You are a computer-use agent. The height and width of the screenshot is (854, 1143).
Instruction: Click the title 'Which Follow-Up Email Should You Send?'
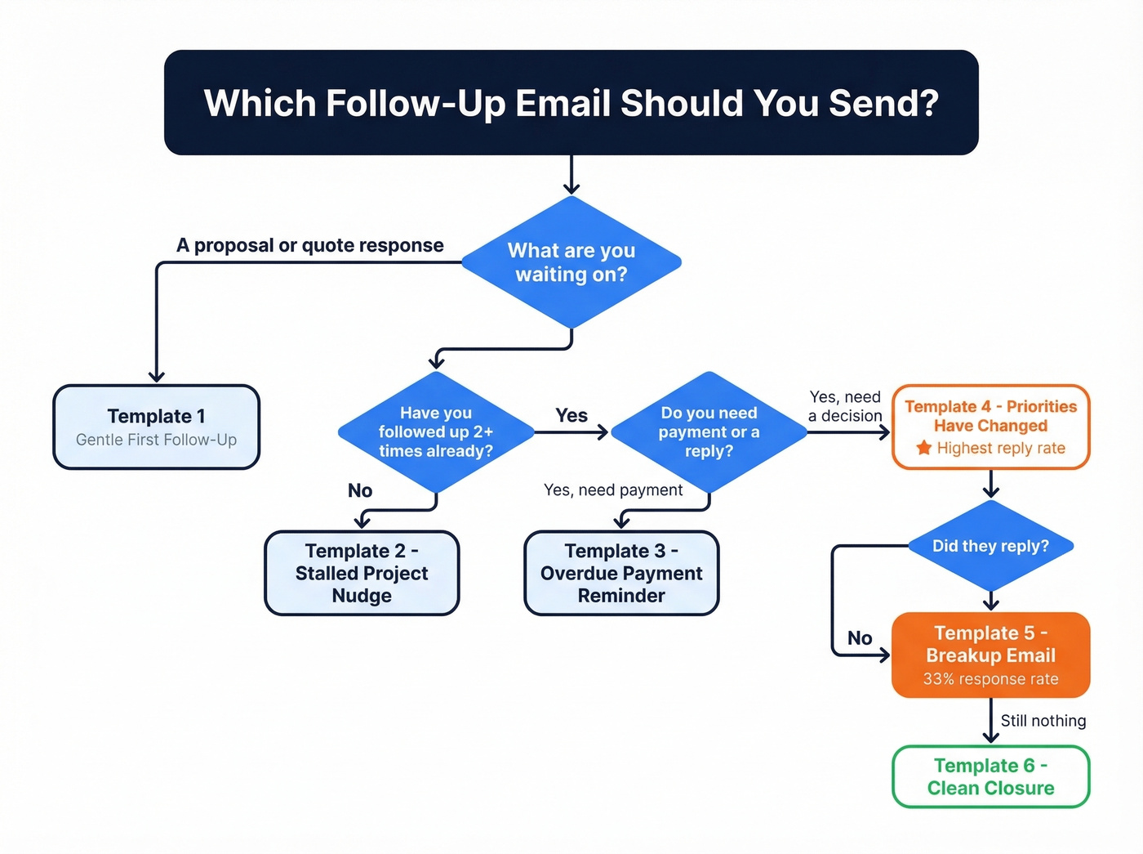click(571, 103)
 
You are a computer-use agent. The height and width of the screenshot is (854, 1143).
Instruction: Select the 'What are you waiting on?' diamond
click(571, 262)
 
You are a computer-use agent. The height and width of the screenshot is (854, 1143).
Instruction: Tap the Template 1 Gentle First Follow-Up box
click(156, 427)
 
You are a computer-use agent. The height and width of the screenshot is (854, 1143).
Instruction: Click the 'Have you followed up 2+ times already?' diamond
click(436, 432)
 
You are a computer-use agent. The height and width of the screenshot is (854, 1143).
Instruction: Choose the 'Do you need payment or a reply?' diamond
click(709, 432)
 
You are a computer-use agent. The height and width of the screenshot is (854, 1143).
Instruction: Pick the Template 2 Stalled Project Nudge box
click(362, 573)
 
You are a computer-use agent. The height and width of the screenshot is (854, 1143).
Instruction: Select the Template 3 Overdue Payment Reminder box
click(620, 573)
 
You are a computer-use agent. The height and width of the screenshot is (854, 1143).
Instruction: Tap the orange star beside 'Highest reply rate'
click(923, 448)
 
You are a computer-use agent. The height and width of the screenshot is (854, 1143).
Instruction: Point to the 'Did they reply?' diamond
click(990, 546)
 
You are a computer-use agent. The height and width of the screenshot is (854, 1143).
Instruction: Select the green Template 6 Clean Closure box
click(990, 776)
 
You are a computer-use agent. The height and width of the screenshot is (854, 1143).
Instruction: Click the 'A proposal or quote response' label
click(310, 245)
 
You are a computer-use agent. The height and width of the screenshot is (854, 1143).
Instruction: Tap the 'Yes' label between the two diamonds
click(571, 415)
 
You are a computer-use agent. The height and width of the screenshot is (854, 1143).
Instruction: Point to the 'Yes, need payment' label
click(613, 490)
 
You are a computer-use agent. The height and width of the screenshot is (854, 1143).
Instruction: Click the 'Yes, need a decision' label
click(845, 406)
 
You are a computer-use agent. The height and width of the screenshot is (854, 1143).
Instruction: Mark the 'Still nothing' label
click(1043, 721)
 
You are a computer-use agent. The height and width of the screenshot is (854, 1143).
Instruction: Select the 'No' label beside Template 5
click(860, 638)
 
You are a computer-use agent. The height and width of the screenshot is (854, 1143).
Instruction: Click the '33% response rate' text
click(990, 679)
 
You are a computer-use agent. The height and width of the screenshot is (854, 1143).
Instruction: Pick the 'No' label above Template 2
click(360, 490)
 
